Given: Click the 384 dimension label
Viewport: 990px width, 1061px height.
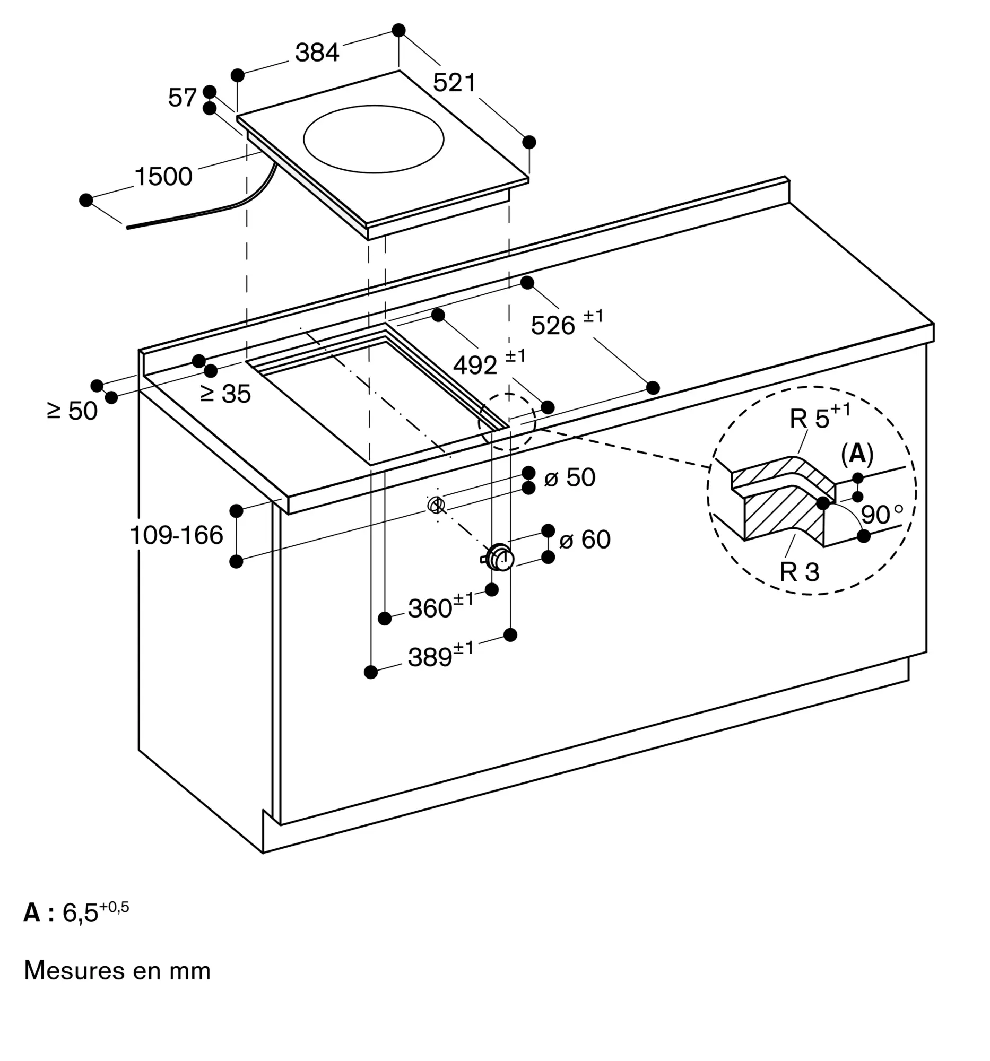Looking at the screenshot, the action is point(317,53).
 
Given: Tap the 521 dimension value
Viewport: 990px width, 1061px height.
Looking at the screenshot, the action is point(454,83).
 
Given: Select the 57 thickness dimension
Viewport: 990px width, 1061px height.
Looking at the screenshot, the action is point(183,98).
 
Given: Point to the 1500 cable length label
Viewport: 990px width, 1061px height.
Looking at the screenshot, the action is point(163,177).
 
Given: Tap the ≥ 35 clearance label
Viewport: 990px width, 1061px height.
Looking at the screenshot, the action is point(225,394).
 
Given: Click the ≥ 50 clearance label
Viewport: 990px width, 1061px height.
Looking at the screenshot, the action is point(72,411).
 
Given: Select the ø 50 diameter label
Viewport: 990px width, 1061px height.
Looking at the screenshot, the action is point(569,477).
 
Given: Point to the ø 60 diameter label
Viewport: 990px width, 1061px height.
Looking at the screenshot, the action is point(584,540).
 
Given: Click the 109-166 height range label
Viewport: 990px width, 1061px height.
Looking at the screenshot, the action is point(176,535).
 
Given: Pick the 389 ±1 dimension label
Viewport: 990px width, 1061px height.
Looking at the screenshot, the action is point(441,655).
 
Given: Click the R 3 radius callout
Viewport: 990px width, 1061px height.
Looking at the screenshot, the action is point(799,571).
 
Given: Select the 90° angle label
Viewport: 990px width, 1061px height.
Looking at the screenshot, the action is point(882,515).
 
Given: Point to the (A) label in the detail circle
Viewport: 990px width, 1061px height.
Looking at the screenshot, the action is point(857,454).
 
